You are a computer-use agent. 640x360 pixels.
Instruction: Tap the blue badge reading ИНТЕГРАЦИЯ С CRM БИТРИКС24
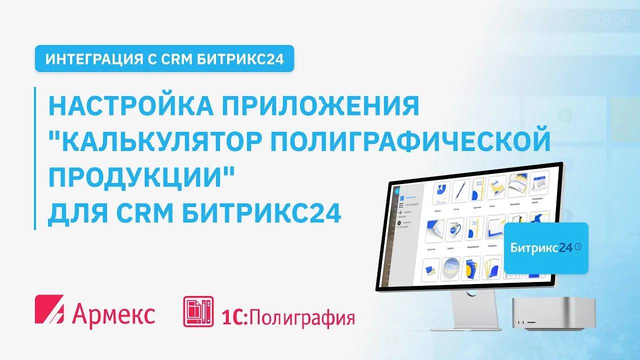click(164, 58)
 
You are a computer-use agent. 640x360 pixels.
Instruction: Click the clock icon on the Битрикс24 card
click(578, 246)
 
